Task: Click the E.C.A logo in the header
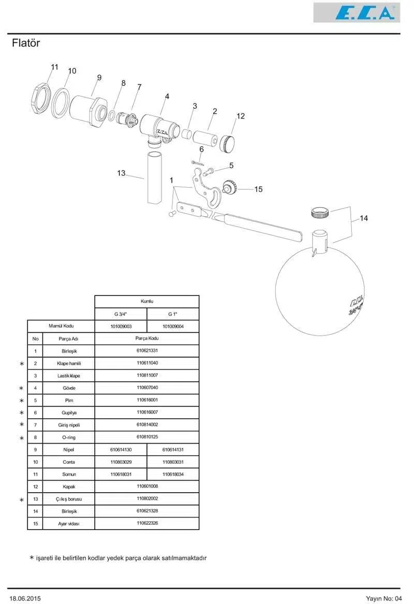(x=357, y=12)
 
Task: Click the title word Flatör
(x=26, y=43)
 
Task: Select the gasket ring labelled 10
(x=61, y=102)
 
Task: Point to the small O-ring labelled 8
(x=111, y=116)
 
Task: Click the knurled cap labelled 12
(x=227, y=144)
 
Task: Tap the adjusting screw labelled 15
(x=230, y=187)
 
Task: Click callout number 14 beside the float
(x=364, y=218)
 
